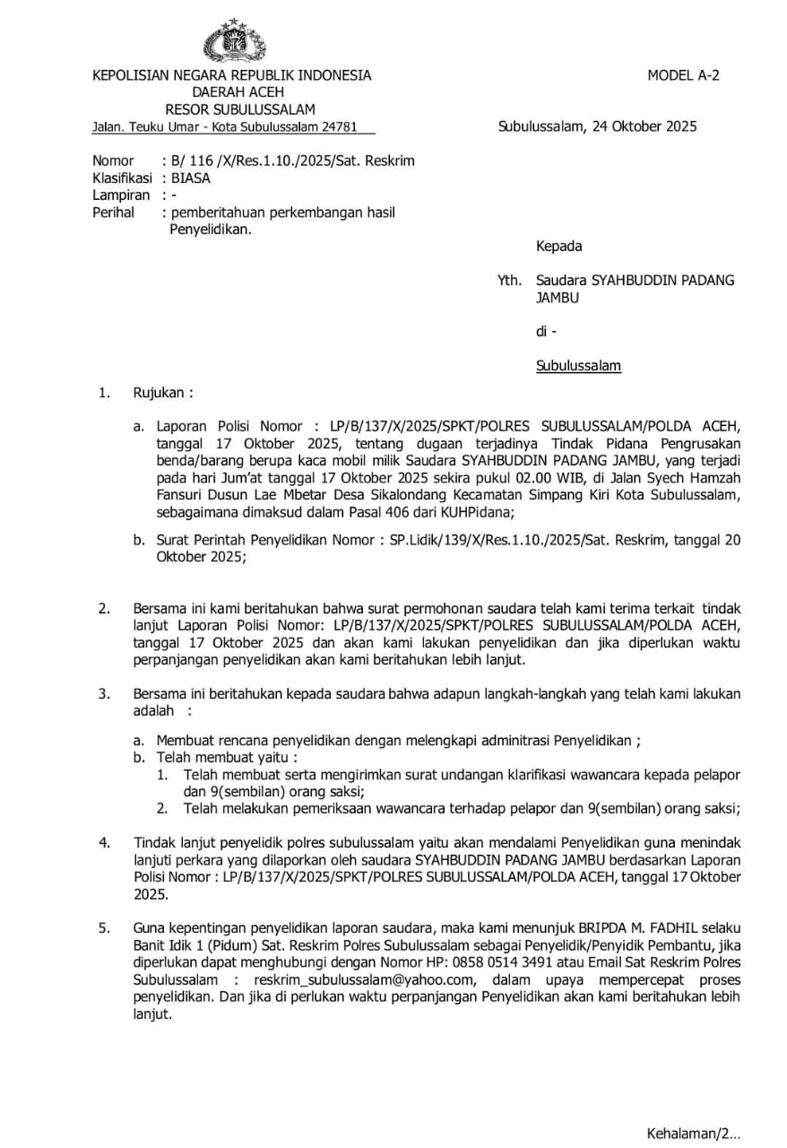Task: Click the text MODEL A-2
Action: coord(683,75)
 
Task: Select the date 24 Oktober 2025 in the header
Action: coord(644,126)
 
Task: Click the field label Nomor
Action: coord(112,161)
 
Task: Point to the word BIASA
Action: coord(191,178)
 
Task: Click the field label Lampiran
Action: coord(121,195)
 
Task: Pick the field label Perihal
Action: coord(113,213)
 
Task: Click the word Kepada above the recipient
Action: coord(558,246)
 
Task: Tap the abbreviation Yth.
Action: coord(509,280)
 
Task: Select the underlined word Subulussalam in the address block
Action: coord(578,366)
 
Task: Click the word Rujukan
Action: coord(162,393)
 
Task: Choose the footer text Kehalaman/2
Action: coord(693,1133)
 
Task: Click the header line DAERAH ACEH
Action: coord(238,92)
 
